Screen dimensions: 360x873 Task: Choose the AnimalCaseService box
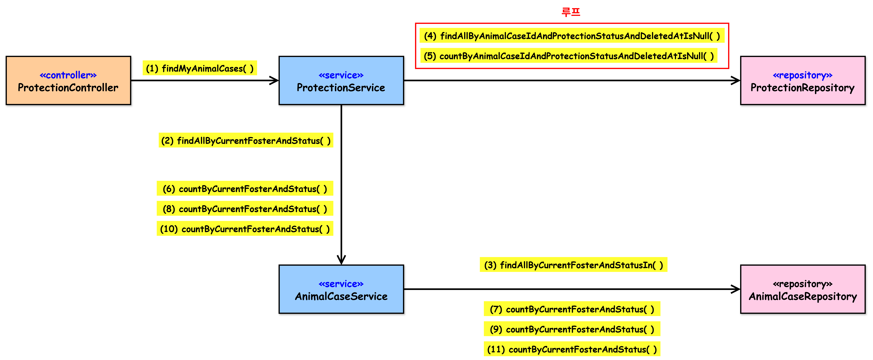341,289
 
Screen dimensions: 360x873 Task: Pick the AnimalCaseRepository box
803,289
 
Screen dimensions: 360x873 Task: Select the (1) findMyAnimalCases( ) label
200,68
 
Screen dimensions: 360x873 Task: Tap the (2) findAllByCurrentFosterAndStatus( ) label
246,140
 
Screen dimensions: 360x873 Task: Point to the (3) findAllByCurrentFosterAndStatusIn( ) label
573,265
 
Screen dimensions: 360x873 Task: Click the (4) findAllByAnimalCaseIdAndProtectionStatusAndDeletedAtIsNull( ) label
572,36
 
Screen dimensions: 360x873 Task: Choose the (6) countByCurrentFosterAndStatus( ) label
245,188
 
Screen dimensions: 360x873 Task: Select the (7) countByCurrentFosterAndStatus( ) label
572,309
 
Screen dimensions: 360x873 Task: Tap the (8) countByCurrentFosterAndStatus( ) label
245,208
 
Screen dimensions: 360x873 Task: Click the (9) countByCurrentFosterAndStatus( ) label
572,329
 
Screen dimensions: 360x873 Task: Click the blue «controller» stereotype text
68,75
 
